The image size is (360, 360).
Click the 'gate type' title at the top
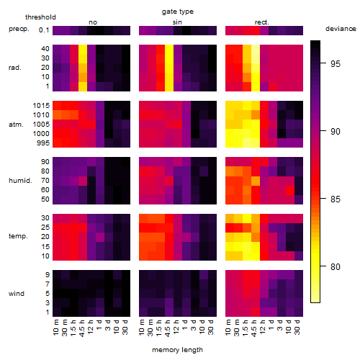pyautogui.click(x=178, y=12)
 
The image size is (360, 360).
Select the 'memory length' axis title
pyautogui.click(x=177, y=350)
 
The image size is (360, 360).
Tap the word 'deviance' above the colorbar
pyautogui.click(x=341, y=29)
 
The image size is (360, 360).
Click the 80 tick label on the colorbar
pyautogui.click(x=335, y=266)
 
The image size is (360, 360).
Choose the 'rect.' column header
pyautogui.click(x=261, y=22)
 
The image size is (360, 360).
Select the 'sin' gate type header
pyautogui.click(x=177, y=22)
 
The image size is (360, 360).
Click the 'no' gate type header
pyautogui.click(x=93, y=22)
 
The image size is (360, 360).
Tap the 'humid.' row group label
pyautogui.click(x=20, y=181)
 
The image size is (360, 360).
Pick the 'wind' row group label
pyautogui.click(x=17, y=294)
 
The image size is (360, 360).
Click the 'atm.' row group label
pyautogui.click(x=16, y=125)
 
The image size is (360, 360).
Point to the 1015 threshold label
pyautogui.click(x=41, y=106)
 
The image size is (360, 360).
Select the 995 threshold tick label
pyautogui.click(x=43, y=143)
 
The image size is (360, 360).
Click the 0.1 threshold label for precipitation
pyautogui.click(x=44, y=30)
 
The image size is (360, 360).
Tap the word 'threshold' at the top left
pyautogui.click(x=40, y=17)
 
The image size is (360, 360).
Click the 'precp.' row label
pyautogui.click(x=19, y=30)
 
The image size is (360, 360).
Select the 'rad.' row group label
pyautogui.click(x=15, y=68)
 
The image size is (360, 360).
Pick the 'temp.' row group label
pyautogui.click(x=18, y=236)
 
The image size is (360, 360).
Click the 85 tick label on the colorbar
pyautogui.click(x=335, y=199)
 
